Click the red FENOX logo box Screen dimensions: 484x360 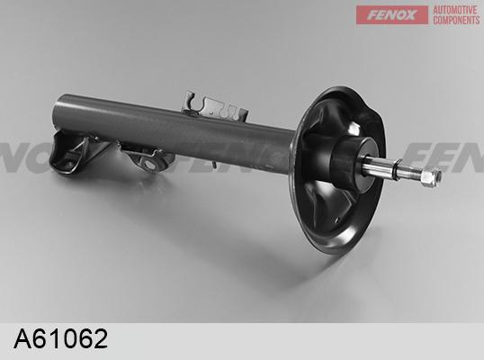(392, 14)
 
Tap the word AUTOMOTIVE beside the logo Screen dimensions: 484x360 (454, 10)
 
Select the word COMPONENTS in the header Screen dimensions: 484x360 (456, 20)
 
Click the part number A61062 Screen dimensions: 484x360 (61, 338)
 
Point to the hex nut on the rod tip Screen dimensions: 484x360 (431, 177)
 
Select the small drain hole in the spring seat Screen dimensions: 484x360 (336, 220)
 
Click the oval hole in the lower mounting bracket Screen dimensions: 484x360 (150, 165)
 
